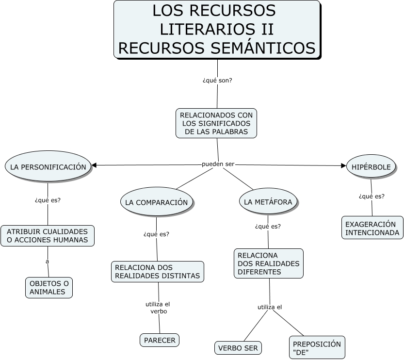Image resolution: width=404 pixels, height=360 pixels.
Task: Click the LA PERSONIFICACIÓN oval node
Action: pyautogui.click(x=48, y=167)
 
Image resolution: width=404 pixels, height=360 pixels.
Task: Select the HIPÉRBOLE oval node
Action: pyautogui.click(x=372, y=167)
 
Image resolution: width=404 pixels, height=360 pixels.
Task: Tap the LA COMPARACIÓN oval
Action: pyautogui.click(x=156, y=202)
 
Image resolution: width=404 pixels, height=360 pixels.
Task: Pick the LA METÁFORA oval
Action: pyautogui.click(x=268, y=202)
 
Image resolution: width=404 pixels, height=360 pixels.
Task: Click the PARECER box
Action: pyautogui.click(x=160, y=340)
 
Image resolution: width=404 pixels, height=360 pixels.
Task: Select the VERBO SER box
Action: pyautogui.click(x=238, y=348)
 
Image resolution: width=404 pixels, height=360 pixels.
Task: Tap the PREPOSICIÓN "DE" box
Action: pyautogui.click(x=317, y=348)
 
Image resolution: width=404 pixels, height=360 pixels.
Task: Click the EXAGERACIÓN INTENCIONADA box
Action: pyautogui.click(x=372, y=229)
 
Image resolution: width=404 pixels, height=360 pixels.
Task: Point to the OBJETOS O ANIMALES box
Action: pyautogui.click(x=49, y=288)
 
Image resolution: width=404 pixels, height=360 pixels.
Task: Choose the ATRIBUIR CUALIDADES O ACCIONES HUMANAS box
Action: pyautogui.click(x=47, y=236)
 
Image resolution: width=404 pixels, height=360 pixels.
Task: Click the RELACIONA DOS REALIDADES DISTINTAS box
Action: pyautogui.click(x=157, y=272)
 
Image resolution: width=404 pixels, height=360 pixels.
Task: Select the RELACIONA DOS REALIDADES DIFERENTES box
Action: pyautogui.click(x=269, y=263)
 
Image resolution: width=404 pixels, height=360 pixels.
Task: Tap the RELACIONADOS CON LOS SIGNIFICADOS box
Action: pyautogui.click(x=216, y=123)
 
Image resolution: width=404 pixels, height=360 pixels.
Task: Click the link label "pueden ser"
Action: pyautogui.click(x=218, y=164)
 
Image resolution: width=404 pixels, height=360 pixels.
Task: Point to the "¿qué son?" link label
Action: pyautogui.click(x=217, y=80)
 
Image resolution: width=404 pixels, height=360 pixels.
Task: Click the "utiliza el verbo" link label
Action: pyautogui.click(x=158, y=308)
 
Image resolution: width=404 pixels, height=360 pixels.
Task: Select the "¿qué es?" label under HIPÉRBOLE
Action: pyautogui.click(x=372, y=196)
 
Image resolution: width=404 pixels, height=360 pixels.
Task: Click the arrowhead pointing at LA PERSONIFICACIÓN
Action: pyautogui.click(x=95, y=165)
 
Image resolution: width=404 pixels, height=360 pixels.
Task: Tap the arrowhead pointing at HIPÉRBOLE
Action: pyautogui.click(x=344, y=165)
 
